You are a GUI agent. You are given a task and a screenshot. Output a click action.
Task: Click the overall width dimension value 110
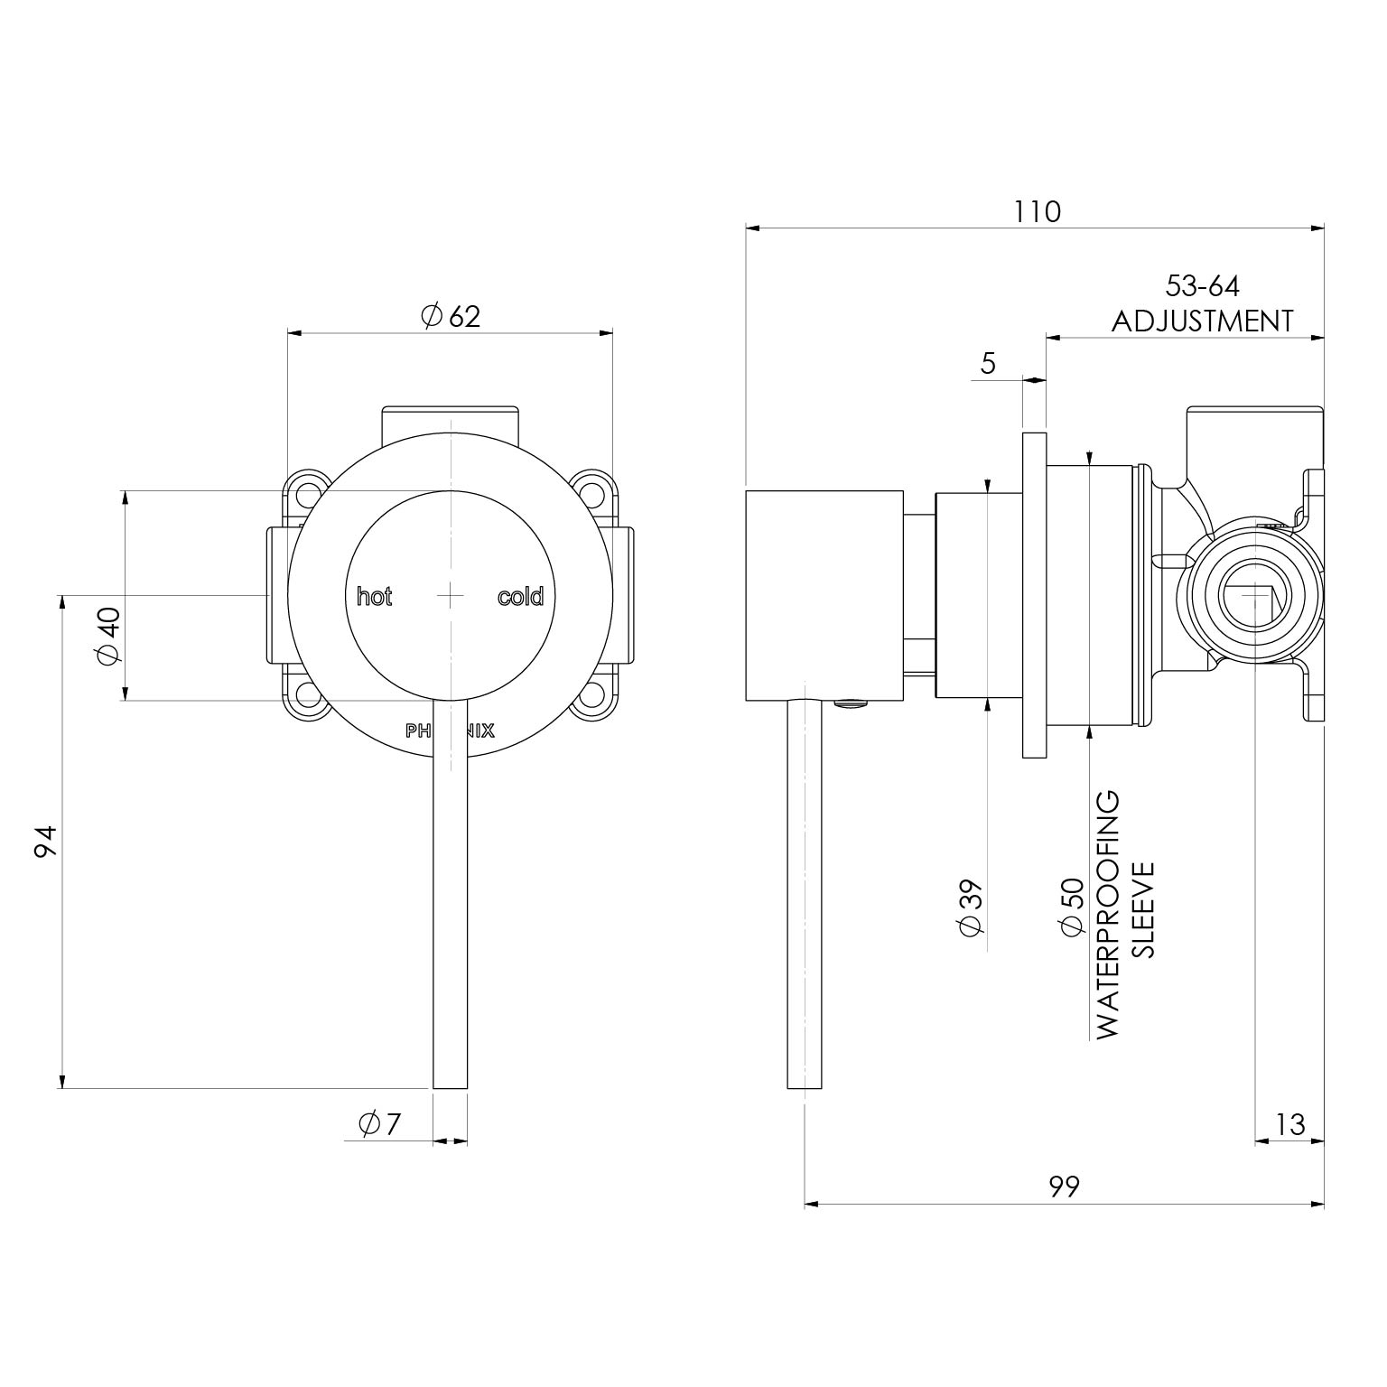point(1037,212)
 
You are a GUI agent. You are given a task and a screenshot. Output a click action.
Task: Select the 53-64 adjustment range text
point(1203,286)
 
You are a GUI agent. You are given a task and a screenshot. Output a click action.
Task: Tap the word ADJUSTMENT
point(1203,321)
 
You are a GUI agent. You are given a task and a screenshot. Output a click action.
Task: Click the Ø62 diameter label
point(451,316)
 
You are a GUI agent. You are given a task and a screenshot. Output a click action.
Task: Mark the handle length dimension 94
point(47,841)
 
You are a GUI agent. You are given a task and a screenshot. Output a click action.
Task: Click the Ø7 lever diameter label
point(379,1124)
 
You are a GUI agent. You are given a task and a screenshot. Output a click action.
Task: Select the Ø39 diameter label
point(971,908)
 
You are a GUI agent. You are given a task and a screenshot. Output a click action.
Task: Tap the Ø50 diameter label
point(1071,908)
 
